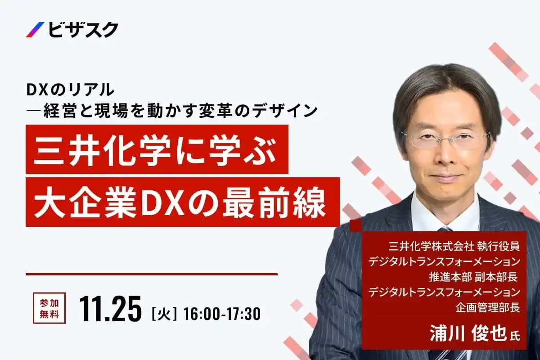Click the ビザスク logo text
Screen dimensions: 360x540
tap(83, 30)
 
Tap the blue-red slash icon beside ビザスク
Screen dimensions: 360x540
tap(36, 30)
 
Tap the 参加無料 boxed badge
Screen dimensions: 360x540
tap(49, 308)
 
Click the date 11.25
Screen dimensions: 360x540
tap(110, 308)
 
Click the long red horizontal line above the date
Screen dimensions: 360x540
tap(152, 274)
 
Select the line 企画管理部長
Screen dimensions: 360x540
tap(488, 307)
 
